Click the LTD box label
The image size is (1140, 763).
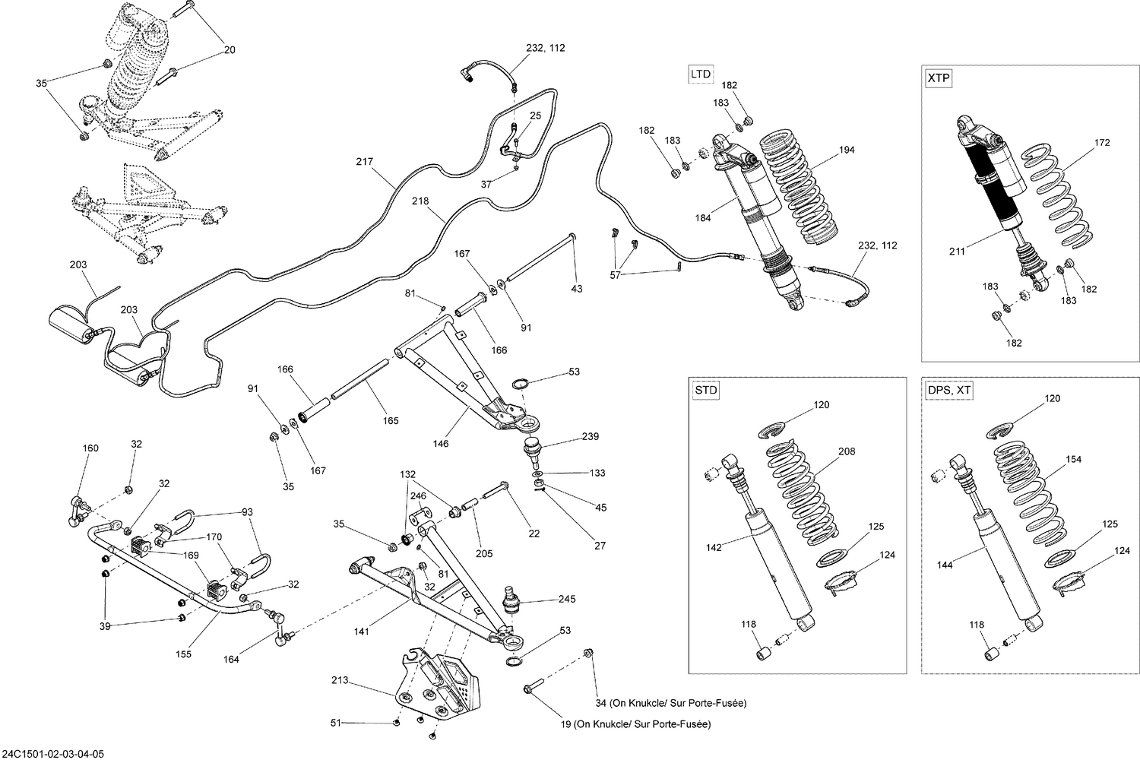(701, 74)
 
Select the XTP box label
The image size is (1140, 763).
(939, 78)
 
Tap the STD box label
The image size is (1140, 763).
(705, 391)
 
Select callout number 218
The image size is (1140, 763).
(420, 201)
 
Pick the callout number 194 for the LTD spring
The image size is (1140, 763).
(846, 150)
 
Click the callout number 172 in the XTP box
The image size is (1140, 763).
(1101, 142)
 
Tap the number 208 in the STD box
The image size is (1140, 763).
(846, 451)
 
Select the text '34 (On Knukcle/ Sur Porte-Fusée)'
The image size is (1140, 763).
(671, 704)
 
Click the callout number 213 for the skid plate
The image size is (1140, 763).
(340, 680)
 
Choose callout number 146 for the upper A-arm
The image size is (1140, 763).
(440, 444)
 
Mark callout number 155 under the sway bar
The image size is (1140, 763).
(184, 654)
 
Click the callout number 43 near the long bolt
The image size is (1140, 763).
(576, 289)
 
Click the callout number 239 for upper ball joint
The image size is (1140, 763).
(590, 436)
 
